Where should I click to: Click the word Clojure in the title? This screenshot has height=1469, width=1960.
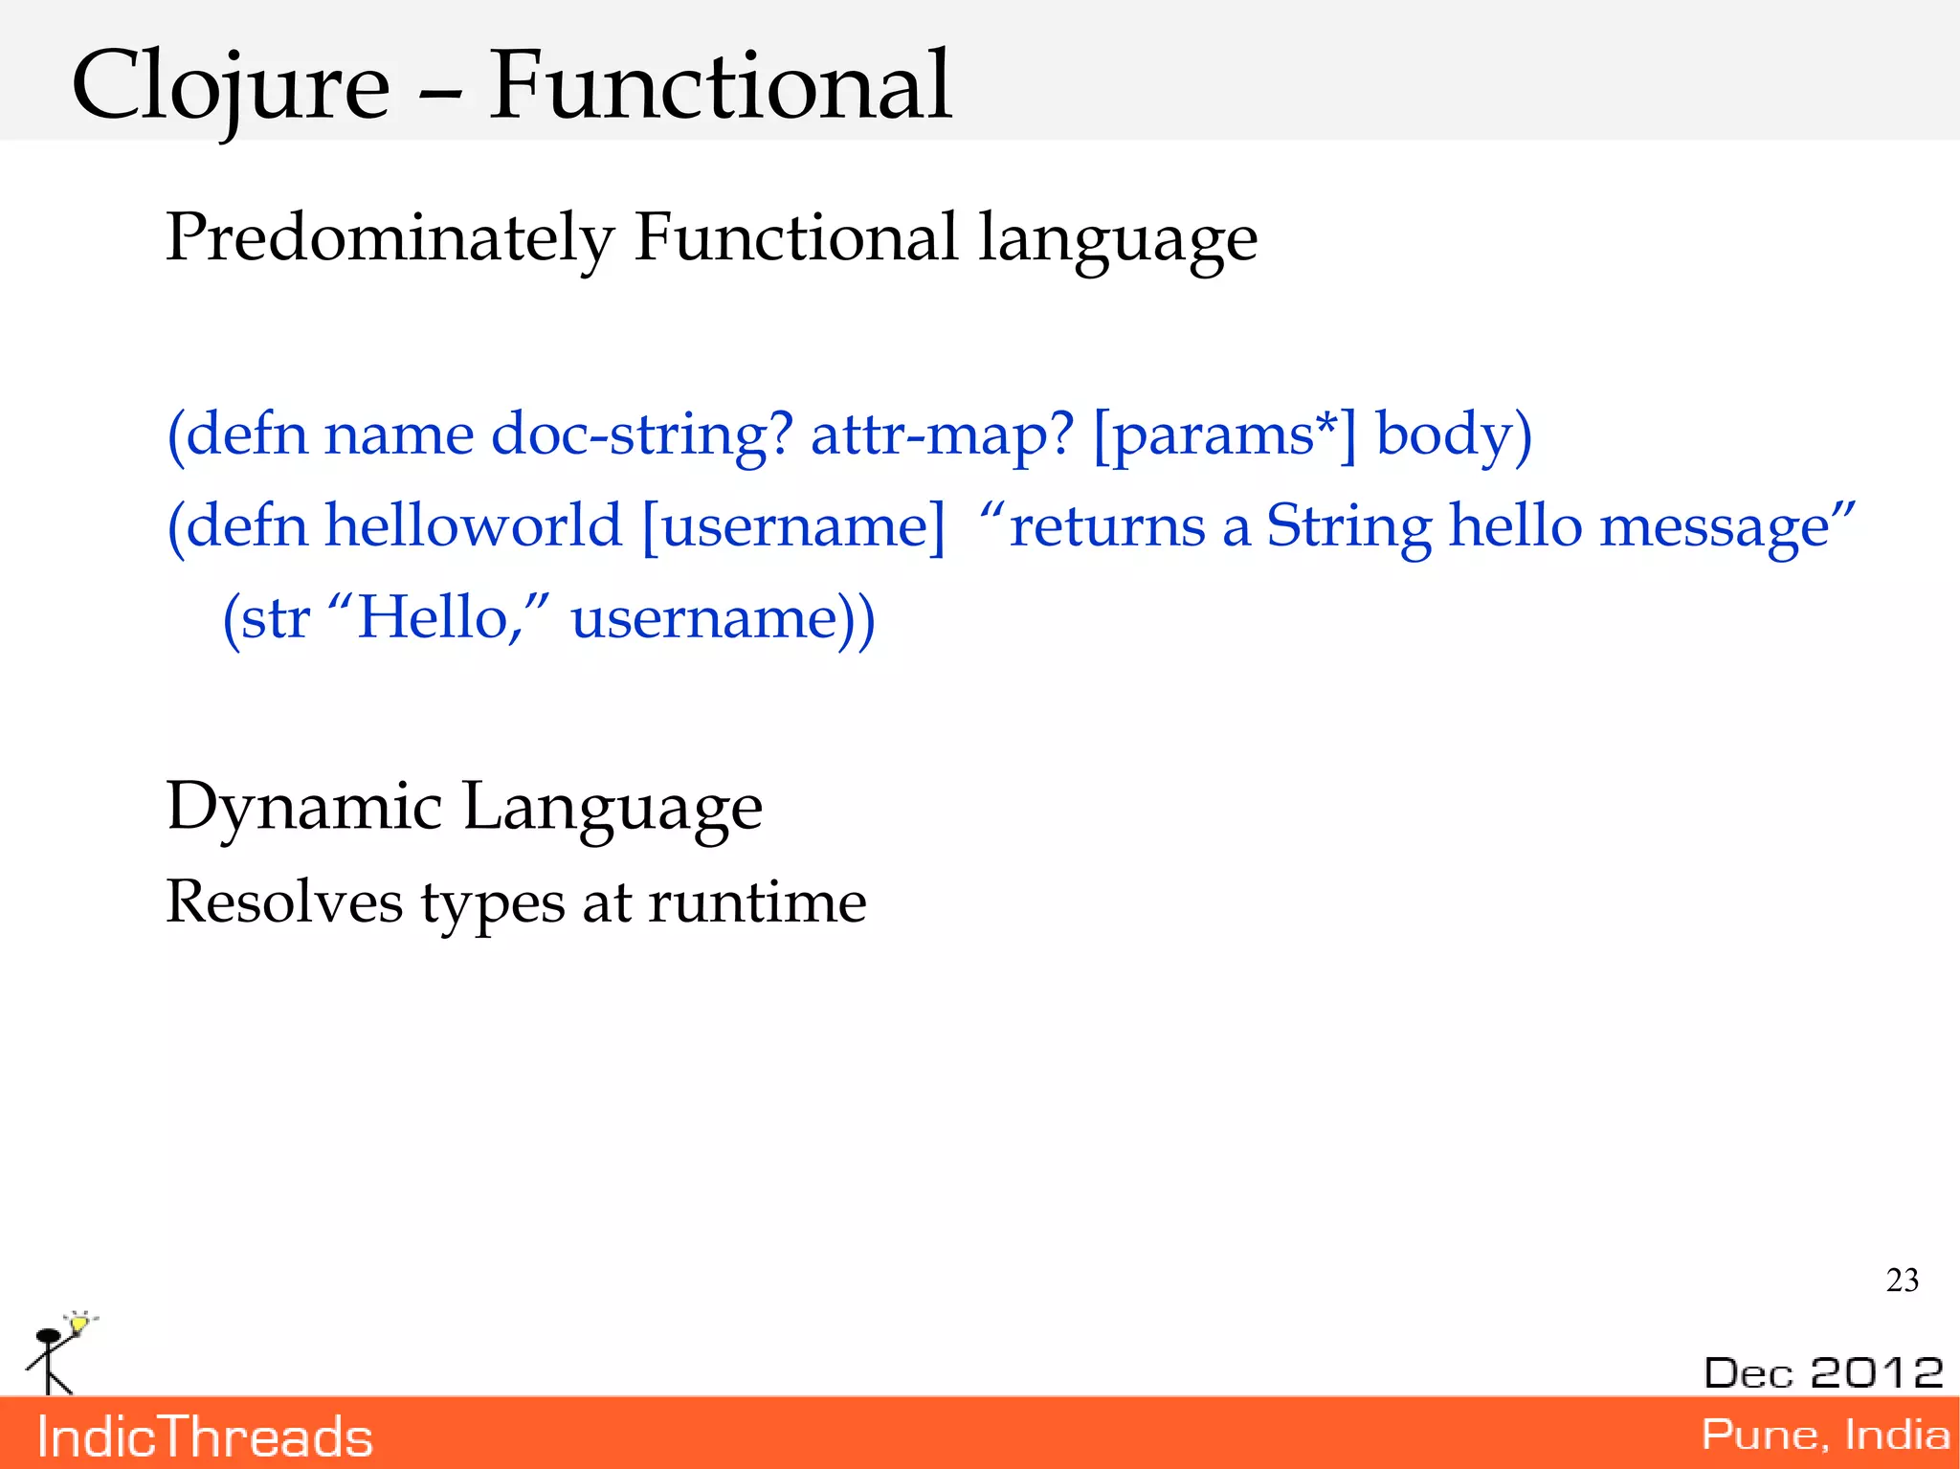click(x=231, y=88)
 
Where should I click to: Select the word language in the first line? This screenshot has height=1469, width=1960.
click(x=1117, y=239)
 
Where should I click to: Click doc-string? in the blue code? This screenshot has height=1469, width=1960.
click(x=641, y=435)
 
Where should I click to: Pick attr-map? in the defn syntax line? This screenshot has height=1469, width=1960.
click(x=943, y=435)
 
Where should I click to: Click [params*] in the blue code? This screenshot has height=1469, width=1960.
click(x=1224, y=435)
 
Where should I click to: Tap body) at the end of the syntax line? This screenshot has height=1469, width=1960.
click(x=1453, y=435)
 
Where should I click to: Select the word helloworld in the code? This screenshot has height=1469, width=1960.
click(x=474, y=526)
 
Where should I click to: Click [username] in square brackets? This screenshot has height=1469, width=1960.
click(x=793, y=526)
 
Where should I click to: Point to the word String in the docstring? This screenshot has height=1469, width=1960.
click(x=1348, y=526)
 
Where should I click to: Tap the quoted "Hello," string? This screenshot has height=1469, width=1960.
click(x=439, y=617)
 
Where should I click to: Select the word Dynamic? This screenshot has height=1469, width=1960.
click(x=303, y=807)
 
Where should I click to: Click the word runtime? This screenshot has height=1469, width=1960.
click(x=757, y=901)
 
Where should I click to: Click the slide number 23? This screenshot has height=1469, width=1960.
click(x=1902, y=1280)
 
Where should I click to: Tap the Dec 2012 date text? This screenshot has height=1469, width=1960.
click(x=1823, y=1372)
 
